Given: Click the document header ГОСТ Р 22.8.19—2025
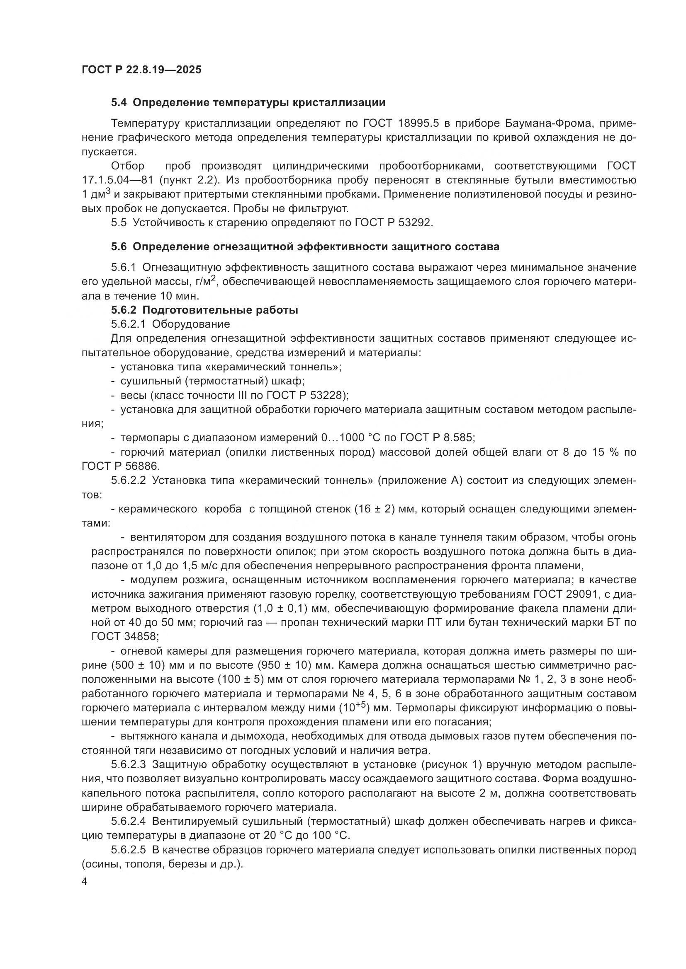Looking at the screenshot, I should pos(141,70).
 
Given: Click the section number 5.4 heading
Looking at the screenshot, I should pos(119,103).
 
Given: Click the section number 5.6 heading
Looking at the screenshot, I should pos(119,247).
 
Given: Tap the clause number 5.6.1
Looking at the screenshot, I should pos(124,268).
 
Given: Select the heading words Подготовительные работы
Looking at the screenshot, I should pos(220,310).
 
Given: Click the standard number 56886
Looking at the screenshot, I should pos(136,466).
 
